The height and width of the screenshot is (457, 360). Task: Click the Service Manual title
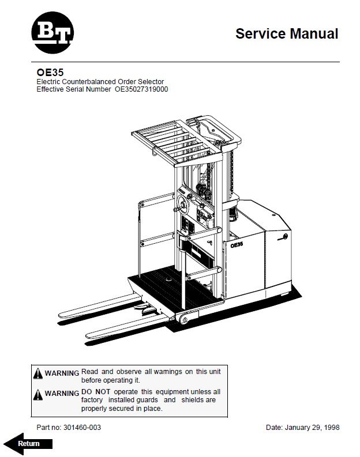[287, 33]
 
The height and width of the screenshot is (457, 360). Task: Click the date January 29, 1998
[302, 428]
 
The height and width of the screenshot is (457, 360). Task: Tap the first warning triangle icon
[38, 373]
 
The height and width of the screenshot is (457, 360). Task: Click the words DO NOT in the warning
[93, 392]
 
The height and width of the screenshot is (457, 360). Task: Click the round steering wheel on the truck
[184, 203]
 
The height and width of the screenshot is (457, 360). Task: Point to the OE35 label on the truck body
[236, 244]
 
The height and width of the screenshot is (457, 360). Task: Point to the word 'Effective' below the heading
[50, 89]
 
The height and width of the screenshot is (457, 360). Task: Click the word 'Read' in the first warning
[91, 372]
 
